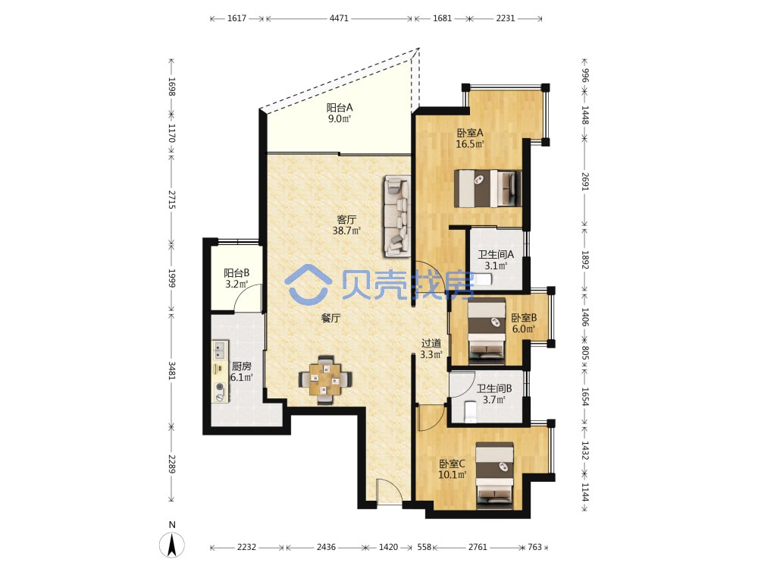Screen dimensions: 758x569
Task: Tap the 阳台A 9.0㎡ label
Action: (340, 113)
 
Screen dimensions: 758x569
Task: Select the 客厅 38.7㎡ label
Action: (346, 225)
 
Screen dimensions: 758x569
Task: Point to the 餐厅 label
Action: (330, 318)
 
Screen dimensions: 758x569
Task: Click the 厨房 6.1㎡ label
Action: (241, 372)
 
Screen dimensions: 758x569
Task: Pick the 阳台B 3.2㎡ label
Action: (236, 278)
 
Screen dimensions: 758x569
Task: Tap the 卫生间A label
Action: (496, 254)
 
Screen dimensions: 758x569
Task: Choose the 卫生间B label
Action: (494, 388)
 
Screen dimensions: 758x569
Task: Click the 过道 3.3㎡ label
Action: (431, 348)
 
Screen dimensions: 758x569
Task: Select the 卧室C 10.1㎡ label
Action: (452, 469)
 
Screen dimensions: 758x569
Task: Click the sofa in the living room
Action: (397, 216)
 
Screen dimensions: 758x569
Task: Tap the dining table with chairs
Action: (325, 380)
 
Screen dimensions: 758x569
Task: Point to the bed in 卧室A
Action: (487, 188)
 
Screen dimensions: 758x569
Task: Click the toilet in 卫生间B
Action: (471, 412)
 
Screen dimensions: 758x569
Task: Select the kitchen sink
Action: (221, 349)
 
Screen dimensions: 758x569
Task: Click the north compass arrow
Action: (171, 545)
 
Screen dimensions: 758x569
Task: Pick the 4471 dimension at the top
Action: (339, 18)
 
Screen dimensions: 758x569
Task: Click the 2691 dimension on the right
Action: (585, 181)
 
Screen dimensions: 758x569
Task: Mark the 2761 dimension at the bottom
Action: (478, 547)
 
